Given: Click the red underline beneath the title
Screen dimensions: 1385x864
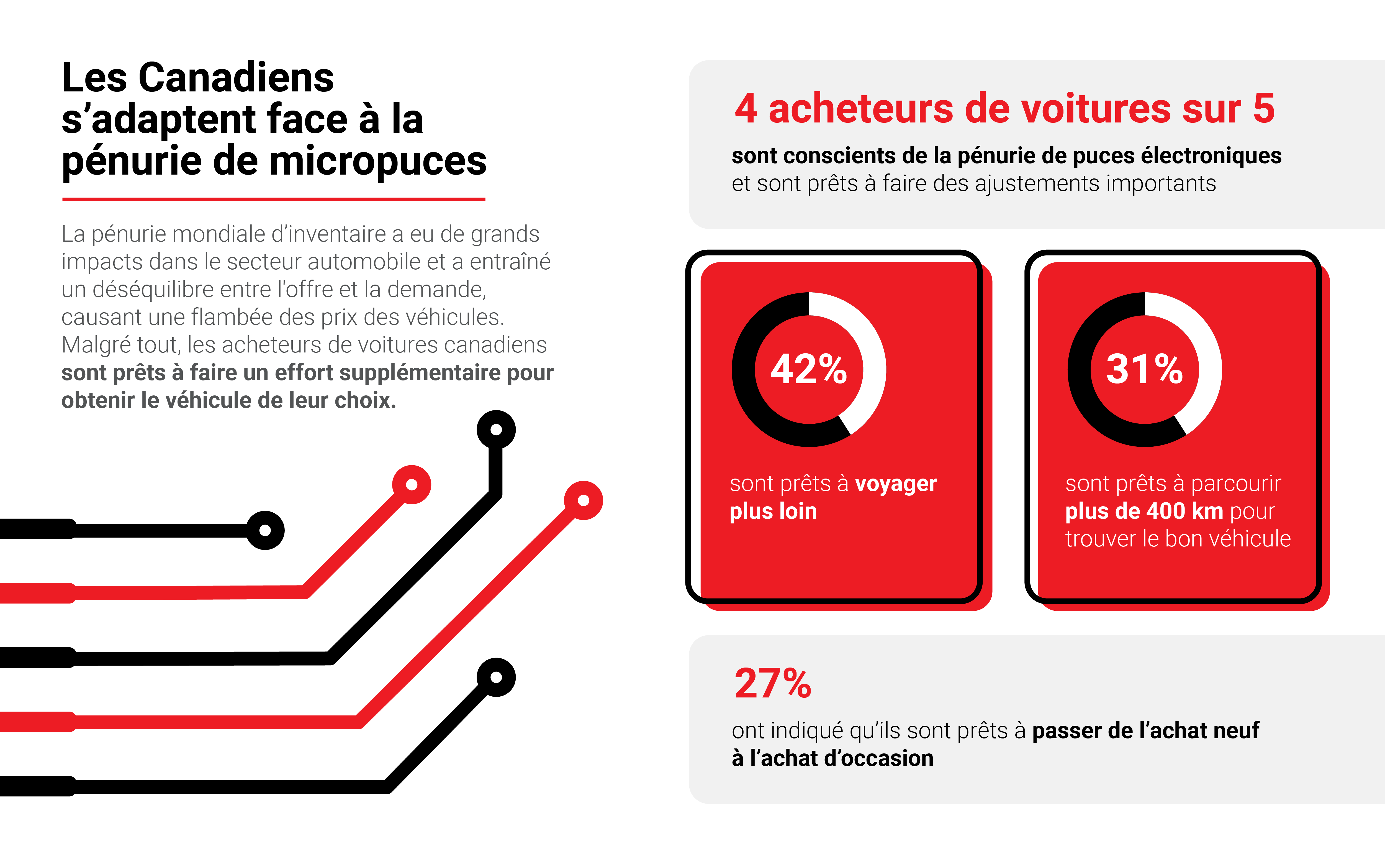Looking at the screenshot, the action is tap(274, 199).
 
